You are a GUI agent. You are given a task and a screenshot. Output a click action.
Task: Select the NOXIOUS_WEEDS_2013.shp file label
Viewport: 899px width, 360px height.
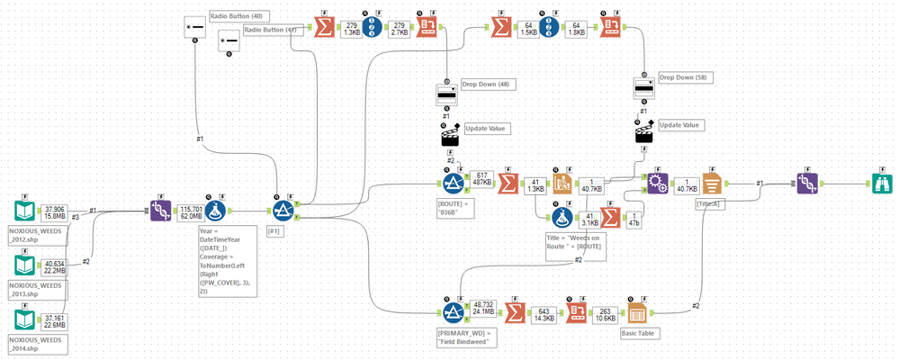(31, 289)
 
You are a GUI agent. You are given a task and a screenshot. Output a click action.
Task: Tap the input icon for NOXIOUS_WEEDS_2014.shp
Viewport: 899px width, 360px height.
(24, 321)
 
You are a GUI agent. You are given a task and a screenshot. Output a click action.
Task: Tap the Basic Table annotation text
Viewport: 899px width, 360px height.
(638, 331)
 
